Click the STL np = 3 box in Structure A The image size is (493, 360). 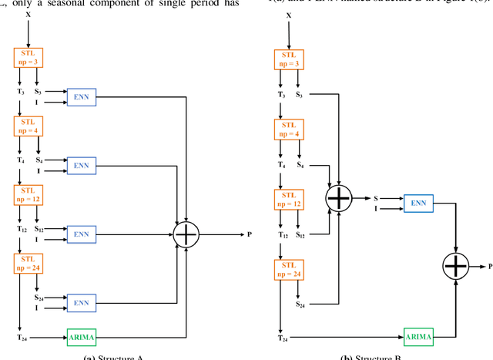click(x=29, y=57)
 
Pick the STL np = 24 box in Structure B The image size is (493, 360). click(x=289, y=268)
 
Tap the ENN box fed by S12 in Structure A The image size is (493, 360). click(x=82, y=234)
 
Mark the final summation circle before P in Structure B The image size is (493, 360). click(x=455, y=267)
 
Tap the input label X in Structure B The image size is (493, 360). click(x=289, y=15)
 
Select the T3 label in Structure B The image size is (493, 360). click(x=280, y=94)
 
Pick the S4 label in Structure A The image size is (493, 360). click(x=39, y=160)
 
